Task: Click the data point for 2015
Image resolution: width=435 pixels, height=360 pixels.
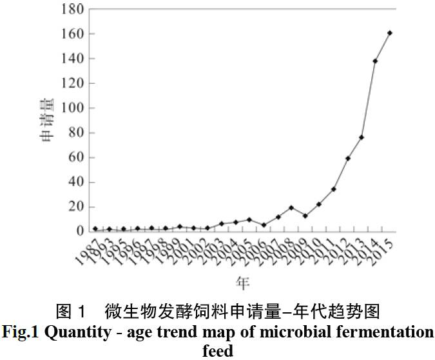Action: (x=390, y=33)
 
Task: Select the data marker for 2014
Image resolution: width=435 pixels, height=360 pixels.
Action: (x=376, y=61)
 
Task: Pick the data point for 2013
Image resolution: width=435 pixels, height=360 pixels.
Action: (x=362, y=137)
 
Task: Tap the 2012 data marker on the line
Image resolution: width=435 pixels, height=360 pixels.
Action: (x=348, y=158)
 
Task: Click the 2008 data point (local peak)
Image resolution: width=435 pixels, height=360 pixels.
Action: (x=291, y=208)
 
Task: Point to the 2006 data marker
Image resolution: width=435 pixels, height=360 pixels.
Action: (x=264, y=225)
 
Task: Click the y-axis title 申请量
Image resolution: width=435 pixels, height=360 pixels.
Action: (x=47, y=123)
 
